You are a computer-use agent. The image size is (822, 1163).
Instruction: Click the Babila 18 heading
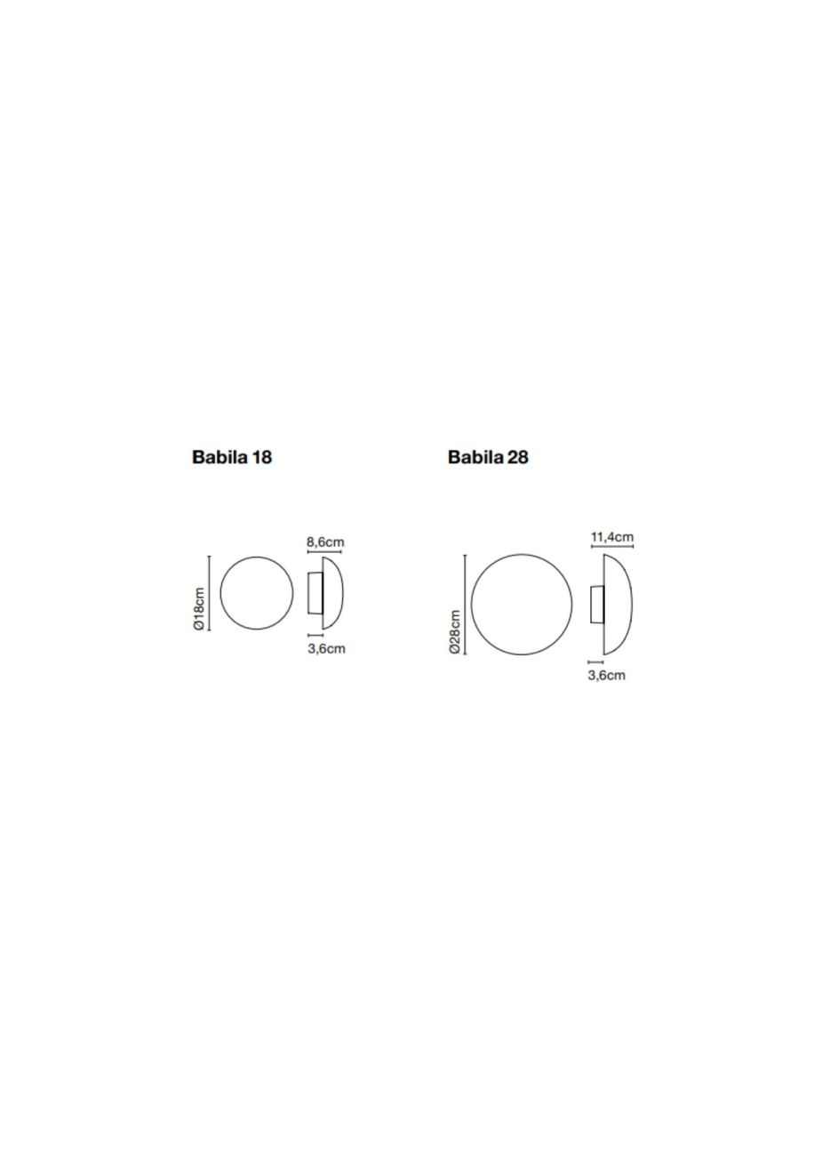click(x=232, y=457)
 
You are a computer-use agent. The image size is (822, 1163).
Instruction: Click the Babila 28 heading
click(x=488, y=457)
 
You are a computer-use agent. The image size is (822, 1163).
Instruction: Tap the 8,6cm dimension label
click(x=325, y=542)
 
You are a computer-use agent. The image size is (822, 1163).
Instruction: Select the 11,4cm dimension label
click(x=612, y=537)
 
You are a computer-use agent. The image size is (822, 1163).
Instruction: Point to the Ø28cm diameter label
click(x=455, y=632)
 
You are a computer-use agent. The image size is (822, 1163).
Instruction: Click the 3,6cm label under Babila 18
click(x=326, y=648)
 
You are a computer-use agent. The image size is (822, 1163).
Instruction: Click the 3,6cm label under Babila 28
click(x=606, y=676)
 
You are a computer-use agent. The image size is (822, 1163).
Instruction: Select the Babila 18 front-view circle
click(x=220, y=593)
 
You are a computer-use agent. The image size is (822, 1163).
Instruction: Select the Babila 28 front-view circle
click(x=471, y=604)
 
